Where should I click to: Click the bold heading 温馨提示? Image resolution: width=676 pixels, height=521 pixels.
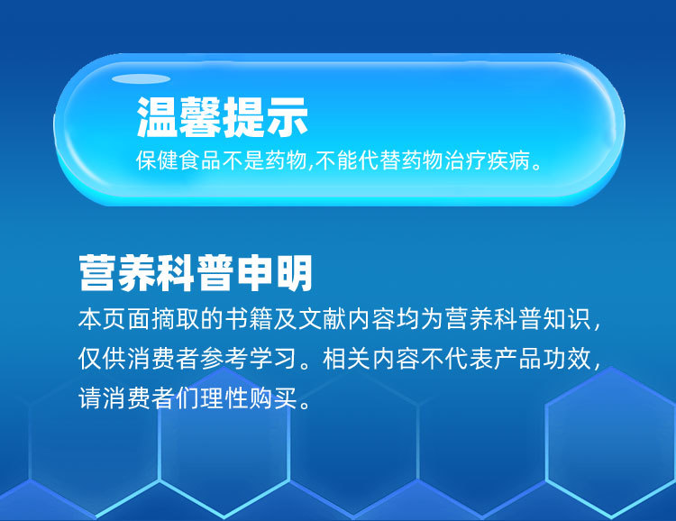pyautogui.click(x=223, y=117)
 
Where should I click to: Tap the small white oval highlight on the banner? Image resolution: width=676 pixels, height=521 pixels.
pyautogui.click(x=141, y=79)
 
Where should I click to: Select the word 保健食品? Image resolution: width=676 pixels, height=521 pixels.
pyautogui.click(x=178, y=160)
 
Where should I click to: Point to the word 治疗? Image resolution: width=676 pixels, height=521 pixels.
pyautogui.click(x=465, y=160)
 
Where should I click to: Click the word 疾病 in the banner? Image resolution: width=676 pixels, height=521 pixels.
pyautogui.click(x=508, y=160)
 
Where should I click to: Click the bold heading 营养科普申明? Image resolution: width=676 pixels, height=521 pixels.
pyautogui.click(x=196, y=273)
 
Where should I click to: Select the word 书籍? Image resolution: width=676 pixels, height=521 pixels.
pyautogui.click(x=250, y=319)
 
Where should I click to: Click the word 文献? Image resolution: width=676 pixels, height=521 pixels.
pyautogui.click(x=323, y=319)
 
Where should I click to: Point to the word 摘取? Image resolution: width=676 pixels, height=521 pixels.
pyautogui.click(x=177, y=319)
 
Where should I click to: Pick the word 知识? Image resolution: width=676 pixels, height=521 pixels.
pyautogui.click(x=567, y=319)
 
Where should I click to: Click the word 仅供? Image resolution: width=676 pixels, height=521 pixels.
pyautogui.click(x=103, y=359)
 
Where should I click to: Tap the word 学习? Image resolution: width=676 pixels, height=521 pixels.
pyautogui.click(x=274, y=359)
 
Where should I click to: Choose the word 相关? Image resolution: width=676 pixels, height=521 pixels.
pyautogui.click(x=347, y=359)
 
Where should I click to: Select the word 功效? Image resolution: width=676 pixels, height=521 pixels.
pyautogui.click(x=567, y=359)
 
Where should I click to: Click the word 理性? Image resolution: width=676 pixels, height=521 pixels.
pyautogui.click(x=224, y=398)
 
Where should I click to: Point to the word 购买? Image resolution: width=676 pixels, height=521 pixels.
pyautogui.click(x=273, y=398)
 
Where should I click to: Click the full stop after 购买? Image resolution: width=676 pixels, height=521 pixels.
pyautogui.click(x=305, y=405)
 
